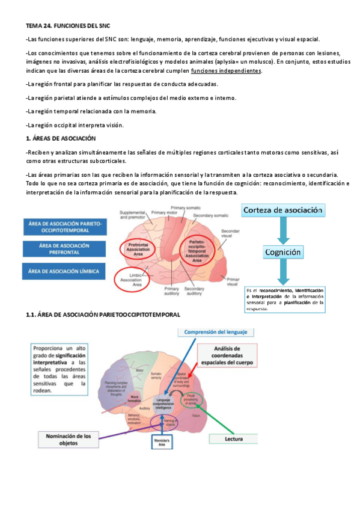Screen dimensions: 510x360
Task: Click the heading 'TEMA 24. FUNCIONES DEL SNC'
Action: [68, 26]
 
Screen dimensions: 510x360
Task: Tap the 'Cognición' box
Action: [285, 253]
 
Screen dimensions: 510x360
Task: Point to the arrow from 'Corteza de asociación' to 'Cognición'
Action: [284, 232]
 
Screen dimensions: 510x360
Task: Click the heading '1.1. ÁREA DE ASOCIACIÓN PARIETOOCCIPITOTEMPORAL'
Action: [103, 315]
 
